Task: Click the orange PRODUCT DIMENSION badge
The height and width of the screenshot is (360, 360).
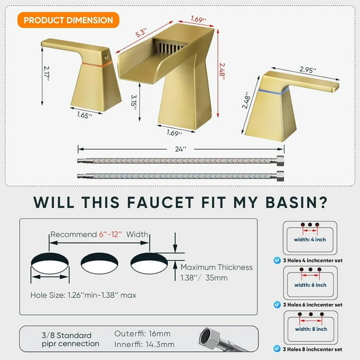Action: [x=69, y=20]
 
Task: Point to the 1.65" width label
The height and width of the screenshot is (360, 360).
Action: [x=77, y=115]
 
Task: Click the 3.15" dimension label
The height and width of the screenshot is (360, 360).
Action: [x=133, y=101]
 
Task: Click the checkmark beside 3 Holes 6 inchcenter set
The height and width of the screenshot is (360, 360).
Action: [x=276, y=304]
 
